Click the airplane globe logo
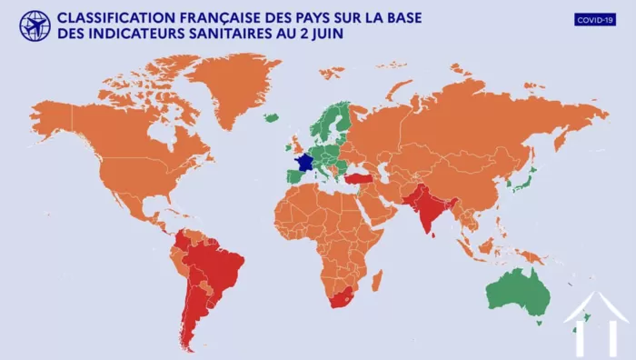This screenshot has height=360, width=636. click(x=35, y=25)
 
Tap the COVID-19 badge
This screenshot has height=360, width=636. click(x=595, y=19)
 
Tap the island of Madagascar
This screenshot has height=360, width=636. click(x=376, y=279)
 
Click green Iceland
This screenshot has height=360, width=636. click(x=272, y=117)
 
